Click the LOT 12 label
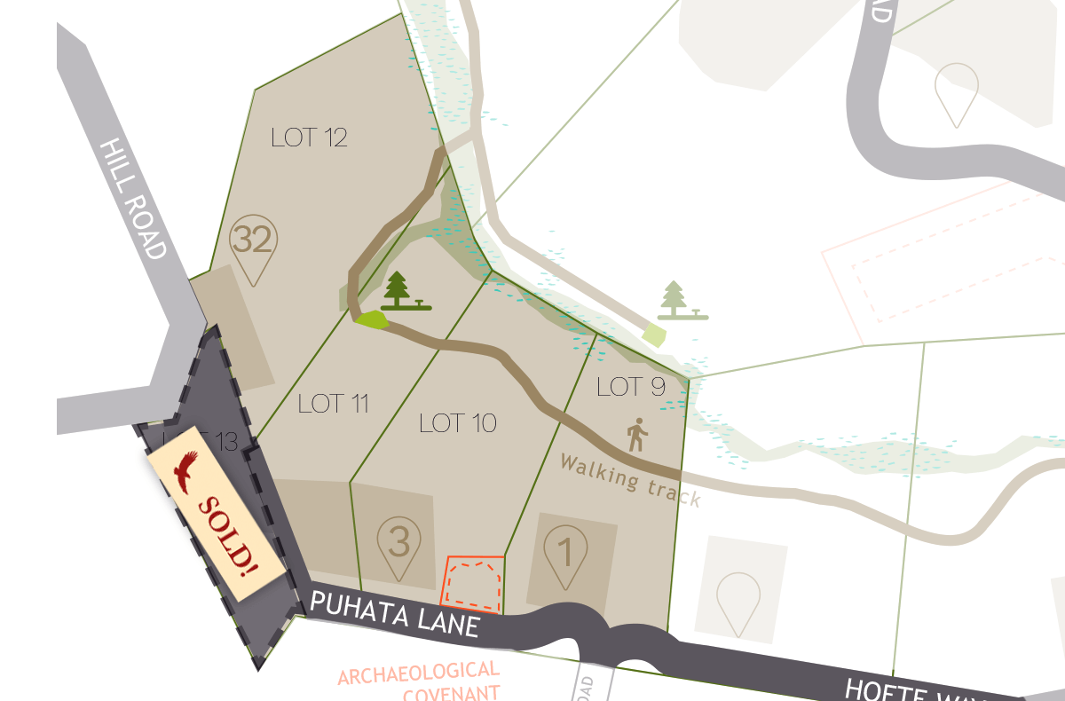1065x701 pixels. (x=309, y=138)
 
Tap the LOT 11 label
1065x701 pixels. (x=333, y=404)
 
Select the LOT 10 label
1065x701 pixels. (x=457, y=422)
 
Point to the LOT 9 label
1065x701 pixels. (x=631, y=387)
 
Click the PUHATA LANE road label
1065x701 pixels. (x=395, y=613)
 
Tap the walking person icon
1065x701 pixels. (x=637, y=436)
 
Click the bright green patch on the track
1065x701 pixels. (x=372, y=319)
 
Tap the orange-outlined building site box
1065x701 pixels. (x=473, y=583)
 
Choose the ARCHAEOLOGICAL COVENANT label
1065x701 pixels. (x=419, y=681)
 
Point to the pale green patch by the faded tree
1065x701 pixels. (x=654, y=335)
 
